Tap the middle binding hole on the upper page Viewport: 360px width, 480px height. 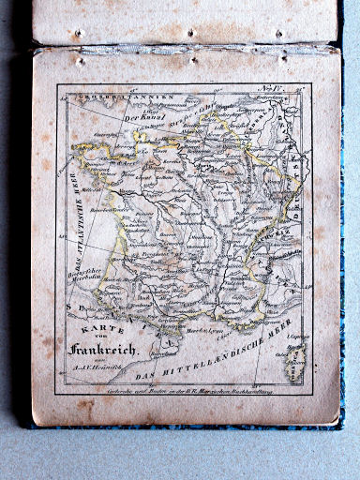(x=190, y=33)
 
